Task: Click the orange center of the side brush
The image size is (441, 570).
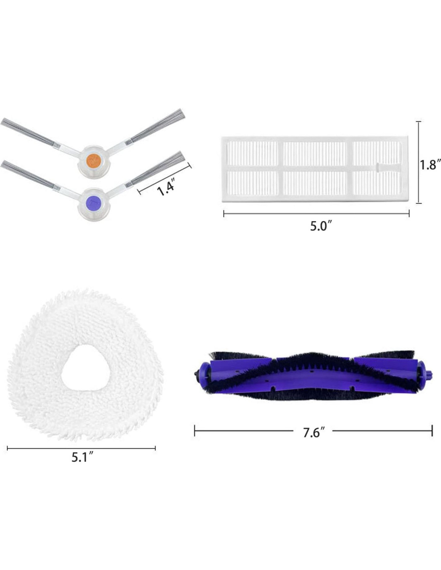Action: click(94, 159)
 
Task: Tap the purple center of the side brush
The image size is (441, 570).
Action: click(94, 203)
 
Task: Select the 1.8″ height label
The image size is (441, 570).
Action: click(430, 165)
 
